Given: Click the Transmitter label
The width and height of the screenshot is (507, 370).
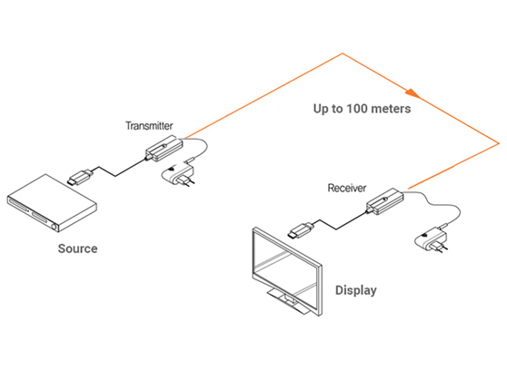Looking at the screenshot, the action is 149,125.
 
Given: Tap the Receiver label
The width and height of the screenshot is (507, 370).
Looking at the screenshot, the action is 347,188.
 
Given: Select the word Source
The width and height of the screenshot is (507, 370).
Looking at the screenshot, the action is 77,248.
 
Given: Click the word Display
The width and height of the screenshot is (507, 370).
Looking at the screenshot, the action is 356,290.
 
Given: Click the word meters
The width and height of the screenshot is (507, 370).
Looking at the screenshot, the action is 391,109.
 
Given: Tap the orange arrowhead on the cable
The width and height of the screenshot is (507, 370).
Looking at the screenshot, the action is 413,93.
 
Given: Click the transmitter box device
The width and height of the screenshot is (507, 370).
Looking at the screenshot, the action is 164,148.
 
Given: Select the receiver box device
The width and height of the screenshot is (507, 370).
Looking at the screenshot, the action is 384,201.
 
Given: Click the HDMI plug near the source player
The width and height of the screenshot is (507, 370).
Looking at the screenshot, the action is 80,177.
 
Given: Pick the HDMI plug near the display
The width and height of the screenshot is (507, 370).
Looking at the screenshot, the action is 301,230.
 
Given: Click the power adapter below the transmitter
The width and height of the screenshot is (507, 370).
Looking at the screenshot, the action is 178,175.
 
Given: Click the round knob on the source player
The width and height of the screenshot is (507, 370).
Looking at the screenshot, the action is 55,227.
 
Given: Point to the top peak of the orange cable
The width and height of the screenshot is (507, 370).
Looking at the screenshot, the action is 343,54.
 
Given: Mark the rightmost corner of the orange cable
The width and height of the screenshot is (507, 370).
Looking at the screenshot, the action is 499,143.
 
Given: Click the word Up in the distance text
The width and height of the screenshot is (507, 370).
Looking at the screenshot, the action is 321,109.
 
